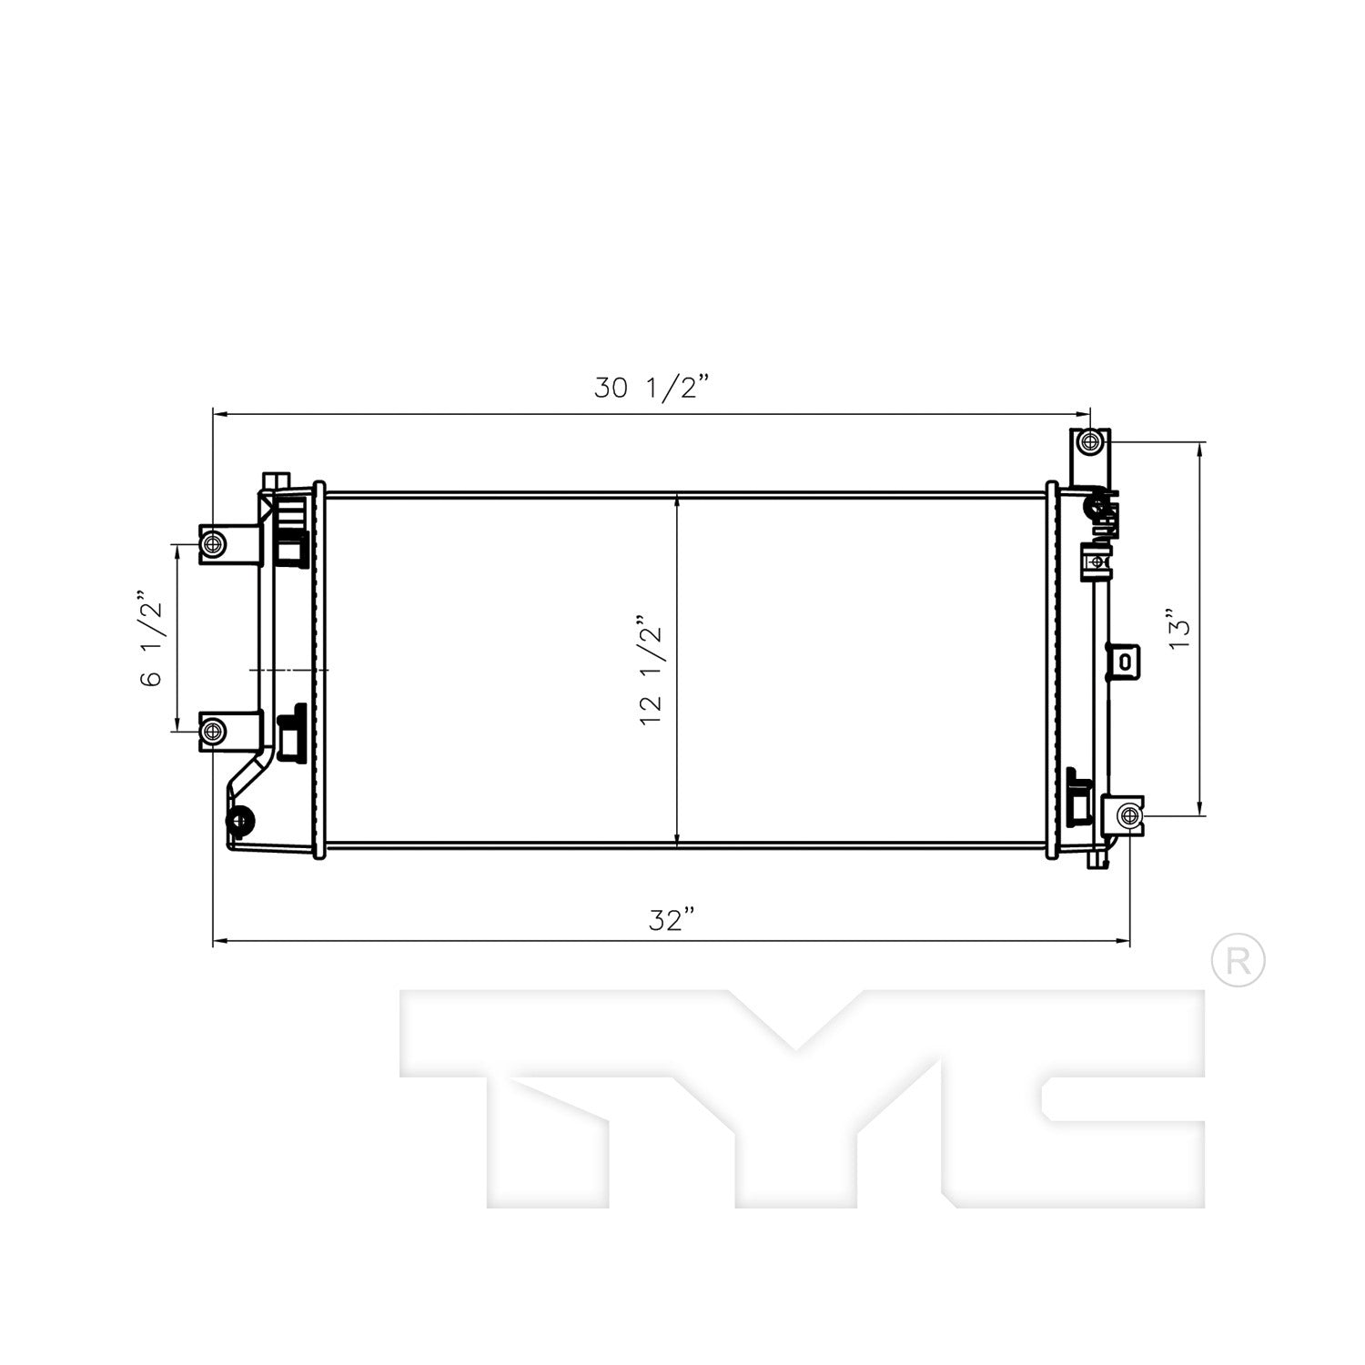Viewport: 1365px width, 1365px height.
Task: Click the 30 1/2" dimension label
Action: click(x=650, y=388)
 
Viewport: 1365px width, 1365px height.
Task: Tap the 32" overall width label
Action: click(x=678, y=921)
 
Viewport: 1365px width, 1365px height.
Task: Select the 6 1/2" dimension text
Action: click(x=152, y=640)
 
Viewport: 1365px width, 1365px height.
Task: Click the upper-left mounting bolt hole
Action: click(x=212, y=545)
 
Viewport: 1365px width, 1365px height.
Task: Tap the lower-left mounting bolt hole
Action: click(x=212, y=731)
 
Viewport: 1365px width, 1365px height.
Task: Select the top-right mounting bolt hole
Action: click(x=1090, y=443)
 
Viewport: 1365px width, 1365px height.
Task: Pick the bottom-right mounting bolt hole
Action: click(x=1128, y=814)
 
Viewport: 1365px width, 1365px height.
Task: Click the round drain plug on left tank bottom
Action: click(x=241, y=822)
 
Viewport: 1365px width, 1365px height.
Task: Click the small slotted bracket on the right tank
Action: click(x=1124, y=662)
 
